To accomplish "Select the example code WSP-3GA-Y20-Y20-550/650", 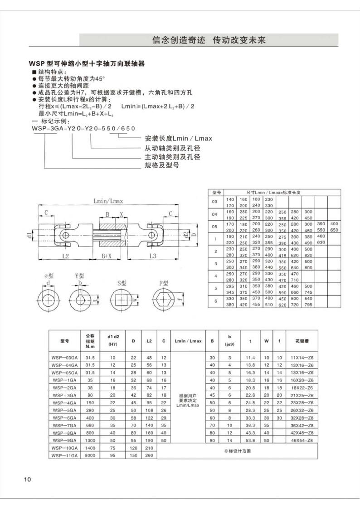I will click(83, 128).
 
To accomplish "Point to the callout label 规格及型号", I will click(161, 165).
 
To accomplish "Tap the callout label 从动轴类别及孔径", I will click(172, 148).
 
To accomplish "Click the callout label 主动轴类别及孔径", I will click(172, 157).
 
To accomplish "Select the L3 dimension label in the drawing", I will click(153, 256).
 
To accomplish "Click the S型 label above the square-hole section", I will click(122, 282).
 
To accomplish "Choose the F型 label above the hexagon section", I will click(164, 282).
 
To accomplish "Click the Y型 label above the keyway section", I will click(80, 276).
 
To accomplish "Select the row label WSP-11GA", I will click(64, 456).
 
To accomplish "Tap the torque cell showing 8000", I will click(90, 456).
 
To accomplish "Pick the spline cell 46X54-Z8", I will click(302, 440).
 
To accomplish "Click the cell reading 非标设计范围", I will click(237, 451).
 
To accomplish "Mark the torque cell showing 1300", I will click(90, 440).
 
